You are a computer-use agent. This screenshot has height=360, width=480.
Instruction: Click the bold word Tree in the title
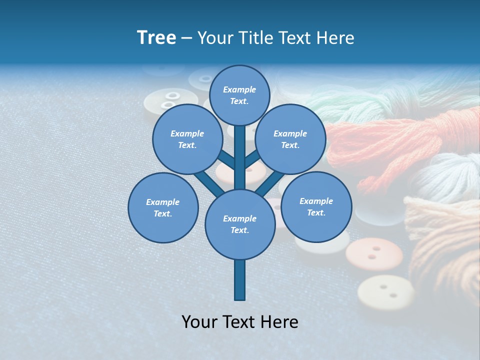coord(156,38)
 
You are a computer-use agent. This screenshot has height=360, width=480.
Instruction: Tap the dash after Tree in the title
coord(186,38)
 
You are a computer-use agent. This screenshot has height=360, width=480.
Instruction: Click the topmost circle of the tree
coord(239,95)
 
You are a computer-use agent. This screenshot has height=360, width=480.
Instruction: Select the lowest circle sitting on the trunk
coord(240,224)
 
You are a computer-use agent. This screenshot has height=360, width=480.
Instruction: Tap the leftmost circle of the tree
coord(163,207)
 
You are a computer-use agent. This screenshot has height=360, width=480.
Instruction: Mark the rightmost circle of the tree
coord(316,206)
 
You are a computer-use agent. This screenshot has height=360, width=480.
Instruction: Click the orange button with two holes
coord(374,254)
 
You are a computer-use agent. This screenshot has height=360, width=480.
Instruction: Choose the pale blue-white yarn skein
coord(445,175)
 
